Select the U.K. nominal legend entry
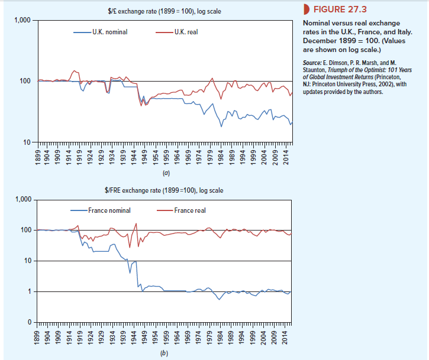106,31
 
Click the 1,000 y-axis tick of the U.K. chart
23,21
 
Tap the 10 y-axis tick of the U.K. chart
28,142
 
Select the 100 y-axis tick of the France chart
26,230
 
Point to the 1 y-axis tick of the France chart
30,291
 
